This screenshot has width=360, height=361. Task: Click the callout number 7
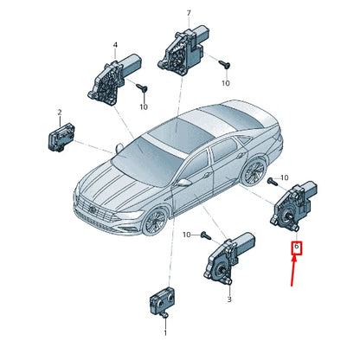189,13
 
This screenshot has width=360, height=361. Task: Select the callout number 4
115,45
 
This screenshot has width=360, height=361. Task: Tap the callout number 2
60,113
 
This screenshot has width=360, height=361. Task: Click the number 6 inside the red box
297,247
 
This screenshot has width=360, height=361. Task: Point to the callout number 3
229,300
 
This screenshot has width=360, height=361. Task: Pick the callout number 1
165,333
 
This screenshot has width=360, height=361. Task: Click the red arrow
293,271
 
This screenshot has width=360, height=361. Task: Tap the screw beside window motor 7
224,64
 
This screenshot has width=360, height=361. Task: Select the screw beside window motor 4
142,87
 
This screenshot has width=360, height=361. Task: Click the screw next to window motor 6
273,181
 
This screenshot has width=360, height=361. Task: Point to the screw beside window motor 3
206,235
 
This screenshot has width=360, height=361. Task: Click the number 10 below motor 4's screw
144,107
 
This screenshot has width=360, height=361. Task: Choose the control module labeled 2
61,138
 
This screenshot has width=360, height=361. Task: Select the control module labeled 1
161,302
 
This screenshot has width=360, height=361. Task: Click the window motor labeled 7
183,49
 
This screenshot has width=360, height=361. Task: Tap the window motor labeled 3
228,259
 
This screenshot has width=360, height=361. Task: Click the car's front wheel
155,222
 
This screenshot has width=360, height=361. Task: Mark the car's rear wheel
254,171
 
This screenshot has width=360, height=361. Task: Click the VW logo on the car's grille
93,210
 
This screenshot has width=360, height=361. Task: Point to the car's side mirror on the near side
184,182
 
